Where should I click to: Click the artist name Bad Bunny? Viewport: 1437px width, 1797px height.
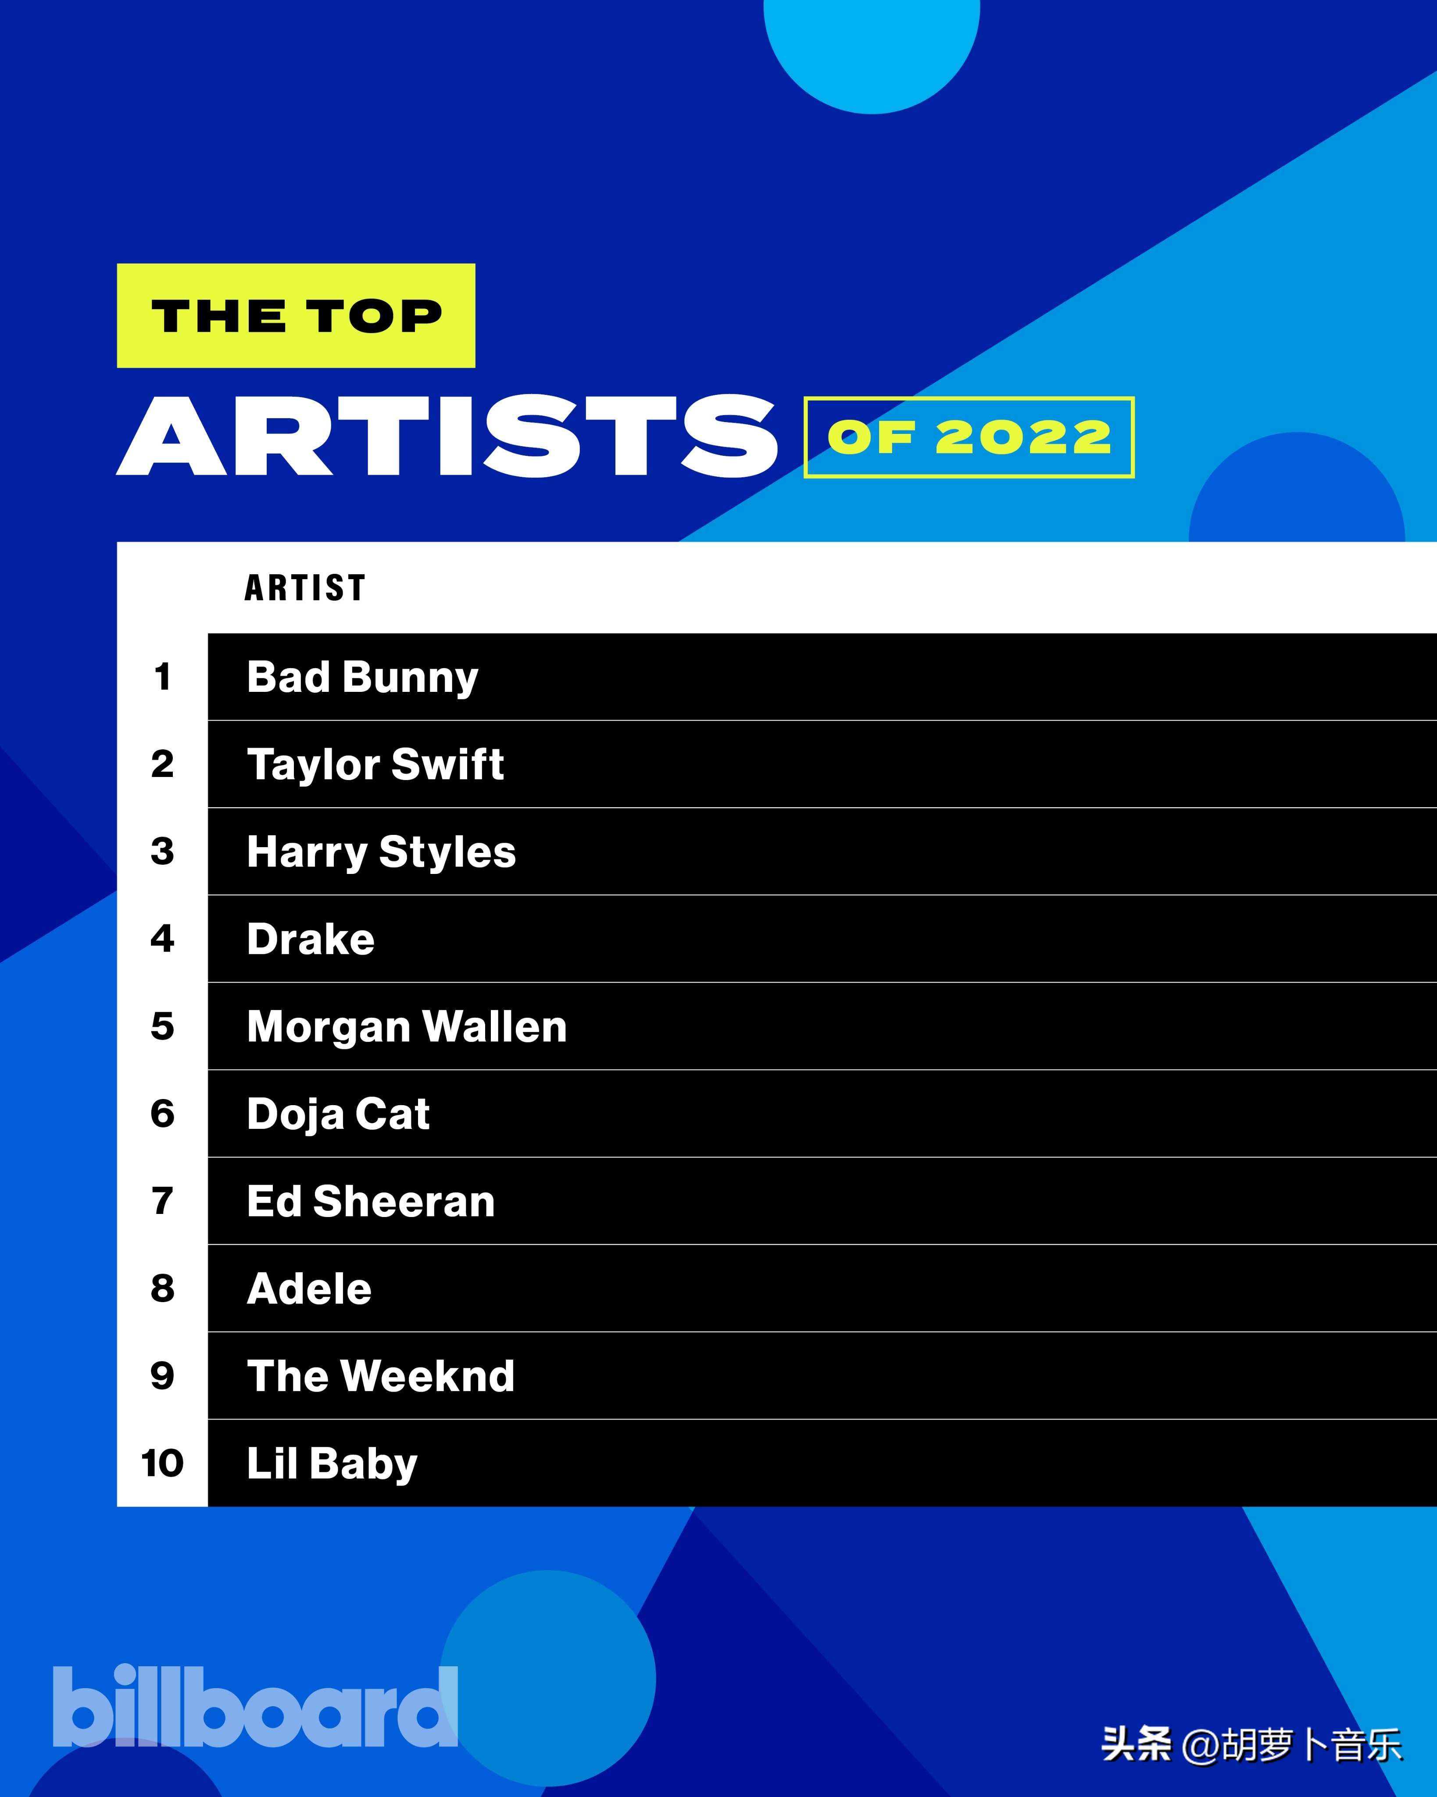coord(363,677)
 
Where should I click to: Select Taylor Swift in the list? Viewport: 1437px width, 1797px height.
coord(375,764)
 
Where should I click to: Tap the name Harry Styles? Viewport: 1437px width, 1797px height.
coord(381,852)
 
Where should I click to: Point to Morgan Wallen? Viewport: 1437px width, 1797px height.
coord(407,1027)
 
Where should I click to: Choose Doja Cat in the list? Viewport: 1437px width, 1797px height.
coord(338,1114)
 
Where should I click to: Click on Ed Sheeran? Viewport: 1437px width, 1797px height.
coord(371,1202)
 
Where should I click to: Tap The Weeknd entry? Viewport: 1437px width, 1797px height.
coord(381,1376)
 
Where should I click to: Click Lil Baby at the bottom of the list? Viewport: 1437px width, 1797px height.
coord(332,1464)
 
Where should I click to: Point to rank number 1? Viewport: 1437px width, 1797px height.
coord(163,677)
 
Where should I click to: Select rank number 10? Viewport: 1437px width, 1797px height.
coord(163,1464)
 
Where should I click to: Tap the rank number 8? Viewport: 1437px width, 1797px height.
coord(163,1289)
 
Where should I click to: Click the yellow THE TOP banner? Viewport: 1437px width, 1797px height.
coord(296,316)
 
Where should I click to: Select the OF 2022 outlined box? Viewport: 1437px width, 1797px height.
coord(969,437)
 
